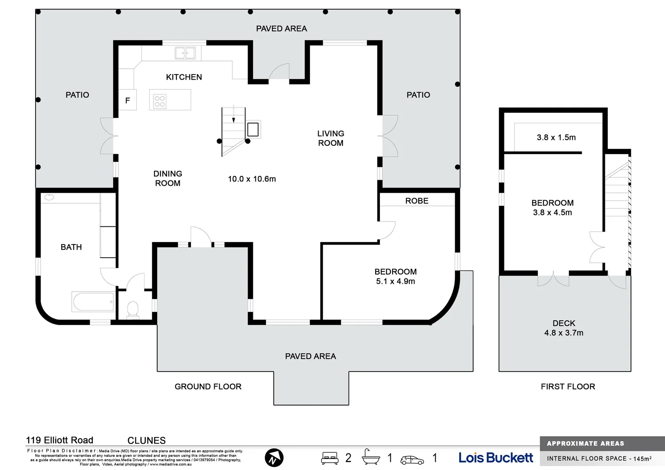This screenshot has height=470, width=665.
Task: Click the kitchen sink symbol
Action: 185,53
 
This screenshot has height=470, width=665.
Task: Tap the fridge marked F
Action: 128,100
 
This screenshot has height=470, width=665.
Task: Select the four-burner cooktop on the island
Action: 160,101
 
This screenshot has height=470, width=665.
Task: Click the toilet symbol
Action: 133,309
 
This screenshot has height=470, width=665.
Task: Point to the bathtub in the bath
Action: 93,302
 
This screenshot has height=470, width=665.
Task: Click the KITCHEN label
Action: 184,77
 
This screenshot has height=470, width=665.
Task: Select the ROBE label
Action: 416,201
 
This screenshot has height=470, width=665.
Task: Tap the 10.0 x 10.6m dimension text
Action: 252,179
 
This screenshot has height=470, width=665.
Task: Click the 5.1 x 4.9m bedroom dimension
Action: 395,281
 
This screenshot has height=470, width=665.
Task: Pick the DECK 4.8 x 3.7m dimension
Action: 564,333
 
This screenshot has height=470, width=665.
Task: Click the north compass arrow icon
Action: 274,458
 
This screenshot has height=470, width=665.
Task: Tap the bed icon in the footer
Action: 329,458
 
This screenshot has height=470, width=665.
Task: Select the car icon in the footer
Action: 412,460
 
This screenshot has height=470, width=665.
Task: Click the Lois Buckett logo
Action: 496,457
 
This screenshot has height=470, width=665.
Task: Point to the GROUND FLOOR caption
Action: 208,386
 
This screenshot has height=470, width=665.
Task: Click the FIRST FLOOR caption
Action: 568,386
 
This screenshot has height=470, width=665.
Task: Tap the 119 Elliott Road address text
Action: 60,440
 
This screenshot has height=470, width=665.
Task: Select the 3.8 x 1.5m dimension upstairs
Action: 556,138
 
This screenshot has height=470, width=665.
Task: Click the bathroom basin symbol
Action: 49,197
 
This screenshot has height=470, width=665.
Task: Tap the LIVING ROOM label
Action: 330,138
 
